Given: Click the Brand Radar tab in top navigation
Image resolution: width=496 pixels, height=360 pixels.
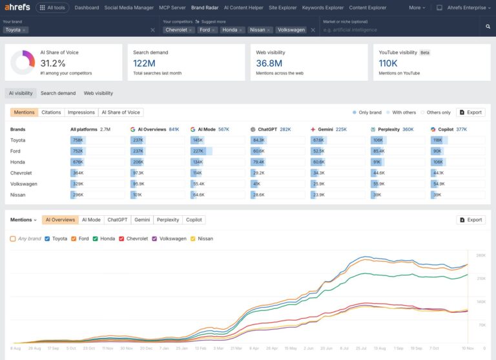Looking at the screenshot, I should [205, 8].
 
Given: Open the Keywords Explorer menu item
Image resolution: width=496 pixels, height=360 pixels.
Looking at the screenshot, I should [323, 8].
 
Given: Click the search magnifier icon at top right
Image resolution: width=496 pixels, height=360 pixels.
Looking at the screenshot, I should [488, 26].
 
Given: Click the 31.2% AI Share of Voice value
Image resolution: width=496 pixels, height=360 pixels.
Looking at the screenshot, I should [53, 63].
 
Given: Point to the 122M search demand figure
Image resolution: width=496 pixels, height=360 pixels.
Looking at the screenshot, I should [144, 63].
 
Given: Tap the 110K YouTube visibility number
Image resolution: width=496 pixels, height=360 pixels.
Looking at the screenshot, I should [389, 63].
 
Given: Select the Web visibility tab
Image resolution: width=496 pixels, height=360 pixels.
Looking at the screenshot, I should [98, 93].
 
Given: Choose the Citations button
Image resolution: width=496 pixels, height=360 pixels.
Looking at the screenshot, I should [51, 112].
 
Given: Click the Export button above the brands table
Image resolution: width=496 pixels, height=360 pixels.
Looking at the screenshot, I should [471, 112].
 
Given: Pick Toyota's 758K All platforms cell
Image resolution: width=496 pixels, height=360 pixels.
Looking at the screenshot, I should [78, 140].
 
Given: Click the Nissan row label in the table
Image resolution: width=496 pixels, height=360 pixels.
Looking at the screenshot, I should [17, 195].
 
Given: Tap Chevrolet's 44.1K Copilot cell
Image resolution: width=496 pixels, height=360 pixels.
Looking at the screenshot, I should [438, 173].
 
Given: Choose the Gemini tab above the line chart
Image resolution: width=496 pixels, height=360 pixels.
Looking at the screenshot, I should [142, 220].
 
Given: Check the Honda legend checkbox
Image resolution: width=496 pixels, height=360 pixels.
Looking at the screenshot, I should [96, 238].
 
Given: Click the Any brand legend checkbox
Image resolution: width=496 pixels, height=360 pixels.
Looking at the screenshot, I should [13, 238].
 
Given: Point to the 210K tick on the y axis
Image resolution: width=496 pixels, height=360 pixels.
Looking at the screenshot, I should [481, 279].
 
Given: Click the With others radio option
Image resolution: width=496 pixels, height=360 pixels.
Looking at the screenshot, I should [389, 112].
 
